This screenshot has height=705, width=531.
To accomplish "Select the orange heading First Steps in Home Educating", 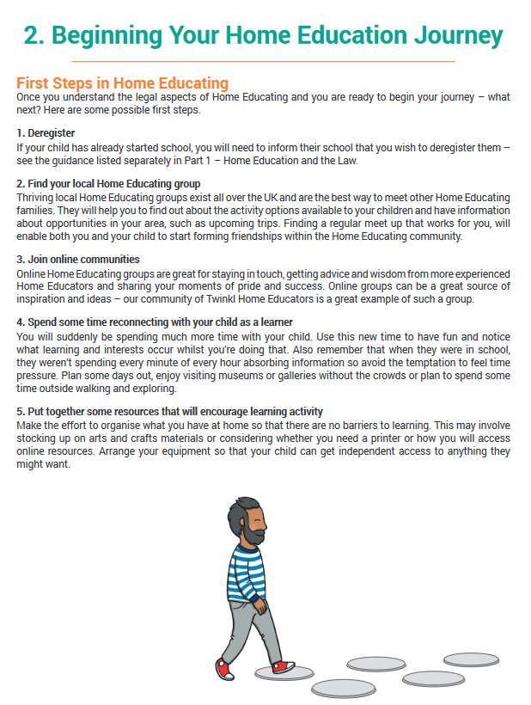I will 122,83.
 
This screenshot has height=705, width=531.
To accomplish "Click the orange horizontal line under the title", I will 263,62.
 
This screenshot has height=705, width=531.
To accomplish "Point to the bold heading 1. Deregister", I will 46,133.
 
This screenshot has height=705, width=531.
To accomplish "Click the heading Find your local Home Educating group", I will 108,184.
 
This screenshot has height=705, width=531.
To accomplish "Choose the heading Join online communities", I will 78,259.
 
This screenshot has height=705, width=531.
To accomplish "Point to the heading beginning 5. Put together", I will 170,413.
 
